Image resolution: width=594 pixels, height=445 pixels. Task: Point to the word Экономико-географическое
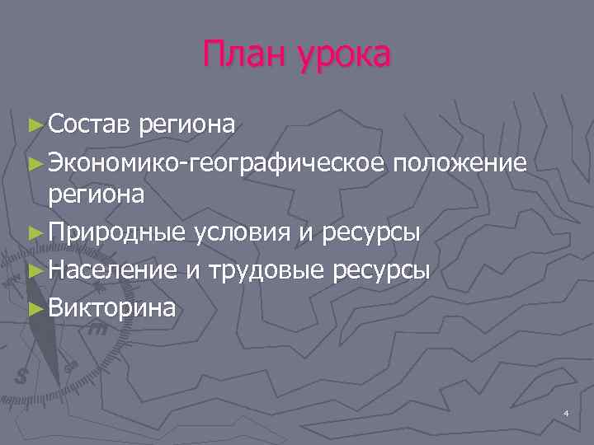[216, 163]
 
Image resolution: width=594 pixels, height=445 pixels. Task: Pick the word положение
[460, 162]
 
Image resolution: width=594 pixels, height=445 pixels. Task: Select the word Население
[112, 269]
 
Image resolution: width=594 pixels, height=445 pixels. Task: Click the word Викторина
[112, 307]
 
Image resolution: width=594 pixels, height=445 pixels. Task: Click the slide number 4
[566, 412]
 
